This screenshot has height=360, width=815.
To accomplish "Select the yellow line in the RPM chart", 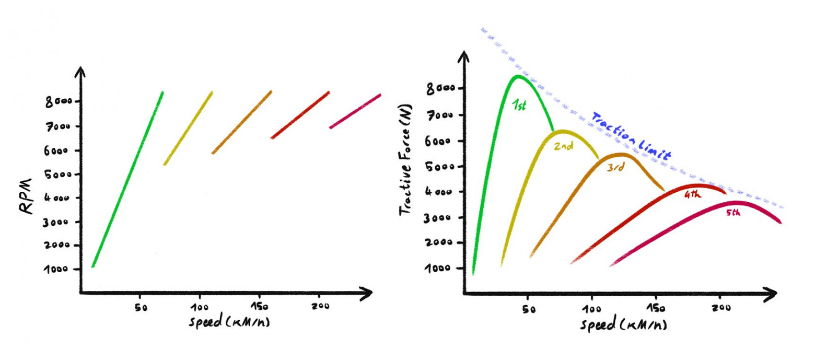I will pyautogui.click(x=188, y=128).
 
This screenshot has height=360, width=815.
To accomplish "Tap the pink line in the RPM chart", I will pyautogui.click(x=355, y=111).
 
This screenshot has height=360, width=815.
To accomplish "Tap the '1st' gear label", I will pyautogui.click(x=519, y=106).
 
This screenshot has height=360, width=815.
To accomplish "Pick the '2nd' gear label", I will pyautogui.click(x=563, y=147).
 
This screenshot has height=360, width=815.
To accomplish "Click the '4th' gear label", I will pyautogui.click(x=693, y=195).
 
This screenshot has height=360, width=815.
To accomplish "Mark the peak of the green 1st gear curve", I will pyautogui.click(x=517, y=76).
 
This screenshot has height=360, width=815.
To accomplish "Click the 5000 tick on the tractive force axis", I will pyautogui.click(x=439, y=167).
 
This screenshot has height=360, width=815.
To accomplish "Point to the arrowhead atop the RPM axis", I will pyautogui.click(x=80, y=71).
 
